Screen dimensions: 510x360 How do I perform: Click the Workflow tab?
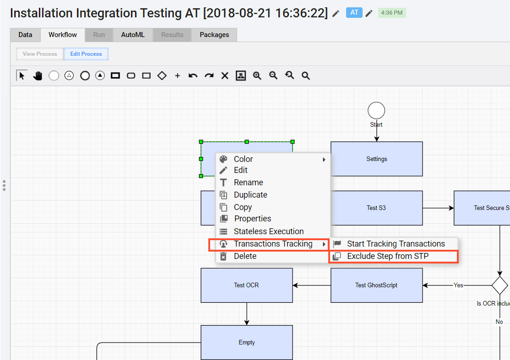tap(62, 35)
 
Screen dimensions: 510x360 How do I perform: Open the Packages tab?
tap(214, 35)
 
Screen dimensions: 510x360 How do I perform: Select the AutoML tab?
tap(133, 35)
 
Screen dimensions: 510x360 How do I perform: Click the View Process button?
tap(40, 54)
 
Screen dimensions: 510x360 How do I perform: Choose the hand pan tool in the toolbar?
tap(38, 75)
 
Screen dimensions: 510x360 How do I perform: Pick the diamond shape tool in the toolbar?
tap(162, 75)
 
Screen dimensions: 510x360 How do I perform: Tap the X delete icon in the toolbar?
tap(225, 75)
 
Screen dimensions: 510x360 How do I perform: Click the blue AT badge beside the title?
tap(354, 13)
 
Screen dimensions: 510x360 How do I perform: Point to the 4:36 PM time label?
tap(391, 13)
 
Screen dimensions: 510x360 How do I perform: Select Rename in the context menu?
tap(249, 183)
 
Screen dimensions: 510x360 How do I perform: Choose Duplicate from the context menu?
tap(250, 195)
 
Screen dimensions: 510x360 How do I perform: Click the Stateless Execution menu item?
tap(269, 231)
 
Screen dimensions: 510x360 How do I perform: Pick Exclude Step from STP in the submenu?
tap(388, 256)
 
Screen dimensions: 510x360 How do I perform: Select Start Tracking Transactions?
tap(396, 244)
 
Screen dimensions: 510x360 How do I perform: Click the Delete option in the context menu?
tap(245, 256)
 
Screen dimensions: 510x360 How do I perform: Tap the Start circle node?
tap(376, 111)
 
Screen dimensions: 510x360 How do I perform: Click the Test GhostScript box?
tap(377, 285)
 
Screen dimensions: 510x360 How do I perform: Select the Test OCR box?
tap(247, 285)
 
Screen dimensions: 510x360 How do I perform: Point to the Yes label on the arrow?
tap(458, 285)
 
